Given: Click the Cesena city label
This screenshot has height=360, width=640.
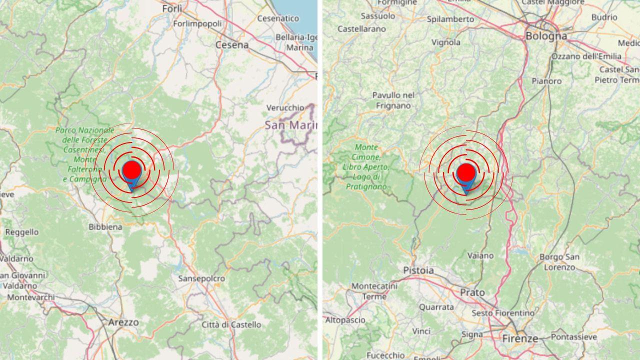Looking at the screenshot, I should tap(232, 45).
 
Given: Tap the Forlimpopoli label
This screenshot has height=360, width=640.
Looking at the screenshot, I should tap(197, 23).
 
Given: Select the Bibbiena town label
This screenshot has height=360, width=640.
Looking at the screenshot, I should tap(105, 227).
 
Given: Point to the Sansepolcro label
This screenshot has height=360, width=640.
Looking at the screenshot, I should tap(201, 278).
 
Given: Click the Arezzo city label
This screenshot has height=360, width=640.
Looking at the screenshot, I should tap(123, 322).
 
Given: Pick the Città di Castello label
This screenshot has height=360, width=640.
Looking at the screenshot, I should tap(231, 325).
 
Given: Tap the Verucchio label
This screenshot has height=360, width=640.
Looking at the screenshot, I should tap(285, 107).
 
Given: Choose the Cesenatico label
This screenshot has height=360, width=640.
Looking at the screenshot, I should tap(278, 18).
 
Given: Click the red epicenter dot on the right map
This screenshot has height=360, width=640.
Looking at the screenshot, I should tap(466, 172).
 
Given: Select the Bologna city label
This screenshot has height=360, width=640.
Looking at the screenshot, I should tap(546, 36).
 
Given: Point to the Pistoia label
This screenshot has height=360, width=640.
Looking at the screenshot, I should tap(418, 270).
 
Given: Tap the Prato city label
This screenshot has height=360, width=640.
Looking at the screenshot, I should tap(472, 292).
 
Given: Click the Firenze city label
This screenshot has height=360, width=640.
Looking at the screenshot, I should tap(520, 338).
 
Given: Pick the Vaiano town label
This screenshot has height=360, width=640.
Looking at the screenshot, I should tap(480, 255).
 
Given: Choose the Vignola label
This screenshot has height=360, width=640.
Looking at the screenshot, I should tap(446, 42).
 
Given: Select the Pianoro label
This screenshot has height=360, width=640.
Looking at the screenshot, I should tap(546, 81).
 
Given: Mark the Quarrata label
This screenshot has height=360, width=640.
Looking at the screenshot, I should tap(436, 307).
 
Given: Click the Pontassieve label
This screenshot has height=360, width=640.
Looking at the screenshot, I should tap(574, 337).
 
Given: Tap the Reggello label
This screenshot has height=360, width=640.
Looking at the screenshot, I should tap(22, 232).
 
